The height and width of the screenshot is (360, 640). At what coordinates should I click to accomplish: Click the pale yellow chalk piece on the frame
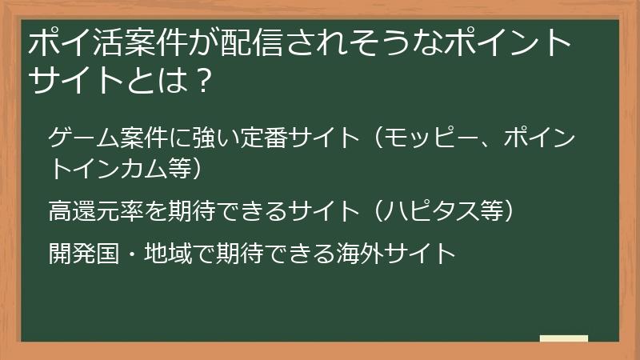(563, 338)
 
